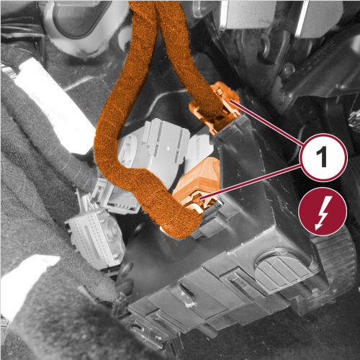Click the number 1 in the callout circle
point(323,158)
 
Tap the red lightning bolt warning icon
point(323,212)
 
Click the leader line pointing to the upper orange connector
point(266,123)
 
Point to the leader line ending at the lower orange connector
point(250,181)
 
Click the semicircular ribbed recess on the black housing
point(283,268)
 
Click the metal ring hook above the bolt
point(265,47)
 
